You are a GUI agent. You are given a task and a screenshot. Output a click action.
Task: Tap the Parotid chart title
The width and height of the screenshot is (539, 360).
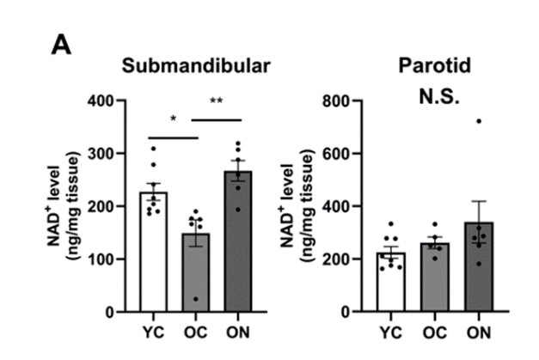click(434, 66)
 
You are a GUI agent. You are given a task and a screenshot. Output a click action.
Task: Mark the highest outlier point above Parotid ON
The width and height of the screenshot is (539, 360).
click(479, 121)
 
